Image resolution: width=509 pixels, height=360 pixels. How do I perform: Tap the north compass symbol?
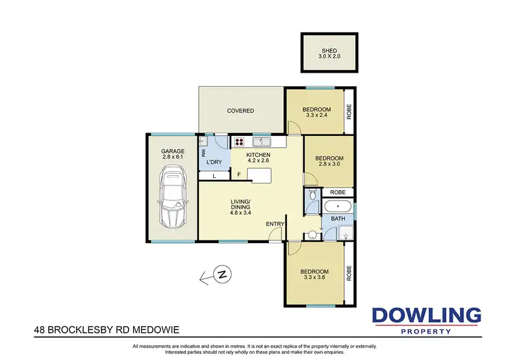(x=221, y=275)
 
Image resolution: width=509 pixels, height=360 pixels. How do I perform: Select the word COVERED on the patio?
(x=240, y=111)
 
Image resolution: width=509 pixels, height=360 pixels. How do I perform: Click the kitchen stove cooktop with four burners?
(x=239, y=143)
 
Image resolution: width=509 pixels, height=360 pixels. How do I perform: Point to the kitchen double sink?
(x=261, y=142)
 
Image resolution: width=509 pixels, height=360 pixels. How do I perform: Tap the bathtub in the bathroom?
(x=337, y=206)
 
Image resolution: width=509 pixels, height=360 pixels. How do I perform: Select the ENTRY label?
(x=276, y=224)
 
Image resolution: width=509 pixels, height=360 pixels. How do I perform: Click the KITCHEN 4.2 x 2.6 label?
(x=259, y=159)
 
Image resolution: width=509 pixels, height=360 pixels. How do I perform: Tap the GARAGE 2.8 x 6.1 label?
(x=173, y=154)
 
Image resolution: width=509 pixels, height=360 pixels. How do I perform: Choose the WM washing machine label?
(x=203, y=154)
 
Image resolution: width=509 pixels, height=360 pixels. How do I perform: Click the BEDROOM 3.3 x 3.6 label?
(x=316, y=275)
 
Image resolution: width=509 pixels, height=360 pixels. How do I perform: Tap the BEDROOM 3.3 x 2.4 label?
(x=316, y=113)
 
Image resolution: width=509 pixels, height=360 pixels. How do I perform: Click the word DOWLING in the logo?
(x=426, y=315)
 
